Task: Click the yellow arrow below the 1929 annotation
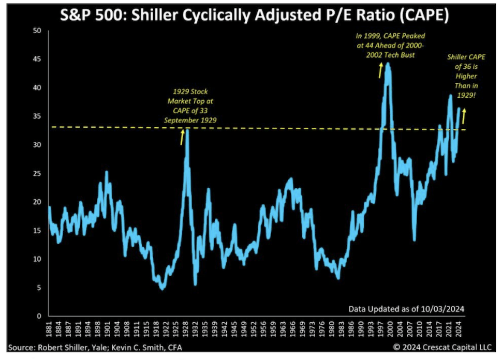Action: pyautogui.click(x=182, y=137)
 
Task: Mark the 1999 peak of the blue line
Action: pyautogui.click(x=388, y=64)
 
